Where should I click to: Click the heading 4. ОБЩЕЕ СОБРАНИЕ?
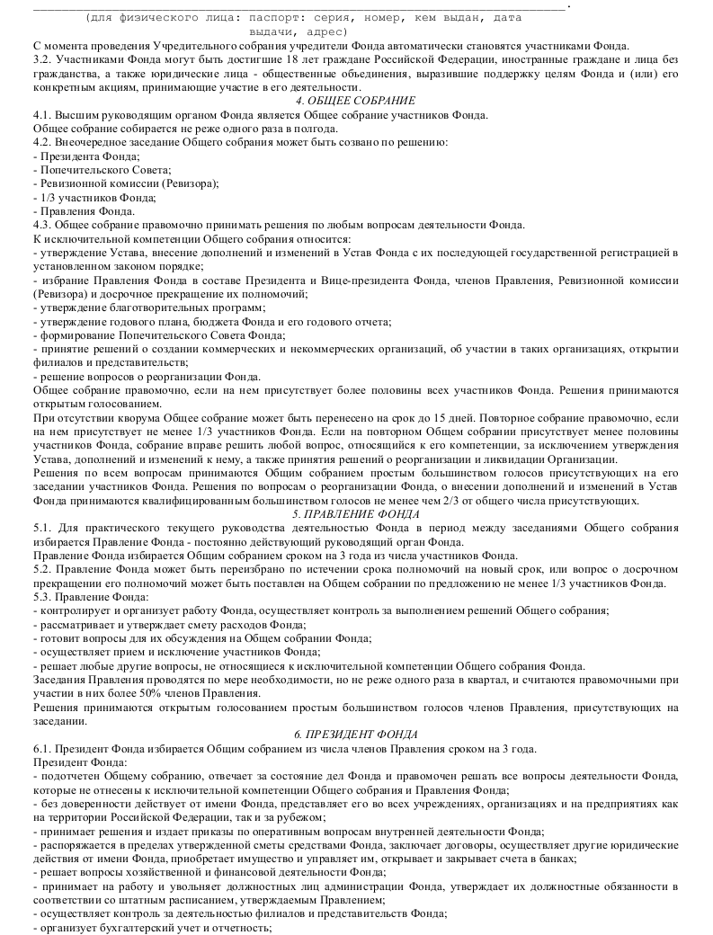point(355,101)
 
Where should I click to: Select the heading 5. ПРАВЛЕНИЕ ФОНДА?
point(355,514)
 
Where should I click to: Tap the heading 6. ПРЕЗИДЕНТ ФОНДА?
point(355,735)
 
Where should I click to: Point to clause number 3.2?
point(41,60)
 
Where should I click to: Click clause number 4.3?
point(41,224)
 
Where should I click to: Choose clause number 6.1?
point(41,748)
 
